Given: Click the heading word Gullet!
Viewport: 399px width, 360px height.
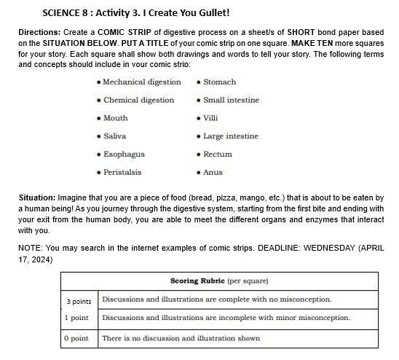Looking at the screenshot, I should pos(212,13).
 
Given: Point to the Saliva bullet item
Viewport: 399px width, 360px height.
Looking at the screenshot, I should pos(114,136).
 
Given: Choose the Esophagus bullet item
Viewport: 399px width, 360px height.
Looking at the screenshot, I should pos(124,154).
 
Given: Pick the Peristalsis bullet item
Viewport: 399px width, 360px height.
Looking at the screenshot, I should pos(122,173).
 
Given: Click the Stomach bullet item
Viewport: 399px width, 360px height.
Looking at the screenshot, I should pos(219,82).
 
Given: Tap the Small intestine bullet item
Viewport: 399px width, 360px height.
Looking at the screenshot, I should pos(231,100).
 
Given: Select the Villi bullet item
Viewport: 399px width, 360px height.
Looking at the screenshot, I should pos(210,118).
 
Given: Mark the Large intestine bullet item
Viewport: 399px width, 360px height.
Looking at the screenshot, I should pos(231,136).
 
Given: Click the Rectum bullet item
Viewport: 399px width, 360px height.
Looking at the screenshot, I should pos(218,154).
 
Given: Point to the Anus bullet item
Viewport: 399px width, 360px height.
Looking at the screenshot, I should pos(213,173).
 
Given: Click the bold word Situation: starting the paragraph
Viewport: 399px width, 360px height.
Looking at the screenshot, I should pos(36,197).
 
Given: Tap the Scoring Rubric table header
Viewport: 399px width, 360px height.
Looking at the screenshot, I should pos(219,281).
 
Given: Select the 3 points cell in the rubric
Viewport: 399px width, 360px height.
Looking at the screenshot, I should pos(79,301).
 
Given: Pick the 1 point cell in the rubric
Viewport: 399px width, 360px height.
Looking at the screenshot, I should pos(76,318).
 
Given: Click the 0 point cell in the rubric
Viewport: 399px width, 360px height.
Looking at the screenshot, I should pos(76,338).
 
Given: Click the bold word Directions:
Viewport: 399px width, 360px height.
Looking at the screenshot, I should pos(39,34).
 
